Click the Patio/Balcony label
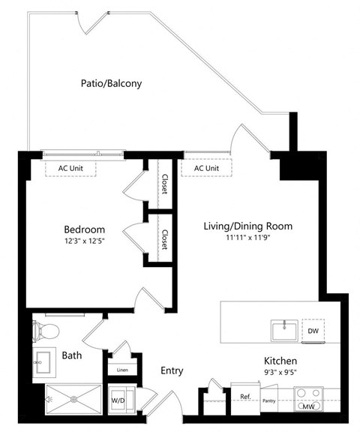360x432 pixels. pos(111,83)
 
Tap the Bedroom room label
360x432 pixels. pos(83,229)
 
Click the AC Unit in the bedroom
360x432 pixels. pos(71,168)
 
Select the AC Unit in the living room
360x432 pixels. pos(206,168)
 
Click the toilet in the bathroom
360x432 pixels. pos(46,330)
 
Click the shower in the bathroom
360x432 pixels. pos(73,398)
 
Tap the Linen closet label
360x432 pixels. pos(121,370)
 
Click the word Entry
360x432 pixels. pos(172,370)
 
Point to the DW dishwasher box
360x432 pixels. pos(313,331)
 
